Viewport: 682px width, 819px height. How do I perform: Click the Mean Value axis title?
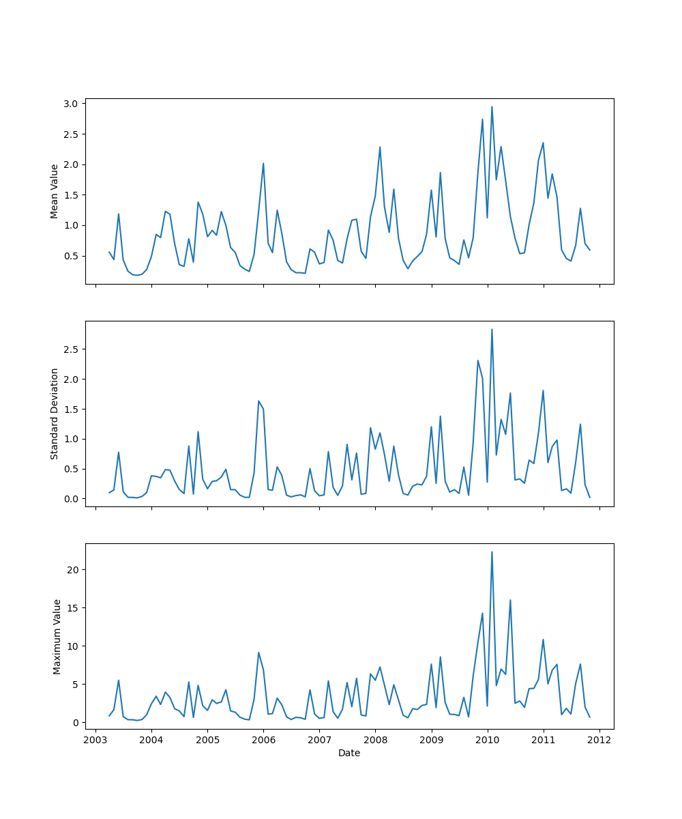[55, 191]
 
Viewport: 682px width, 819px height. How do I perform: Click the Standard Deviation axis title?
[55, 414]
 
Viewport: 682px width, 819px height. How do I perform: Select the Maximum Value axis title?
[57, 637]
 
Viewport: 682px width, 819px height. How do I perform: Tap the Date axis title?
[349, 753]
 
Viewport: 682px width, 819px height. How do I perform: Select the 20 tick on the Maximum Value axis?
[74, 570]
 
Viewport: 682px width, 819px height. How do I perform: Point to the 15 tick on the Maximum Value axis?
[74, 608]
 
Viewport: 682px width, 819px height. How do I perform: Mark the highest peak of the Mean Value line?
[492, 106]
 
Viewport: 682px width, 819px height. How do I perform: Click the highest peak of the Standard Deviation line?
[492, 330]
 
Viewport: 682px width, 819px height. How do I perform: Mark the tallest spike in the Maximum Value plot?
[492, 552]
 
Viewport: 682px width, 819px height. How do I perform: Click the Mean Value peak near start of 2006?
[263, 163]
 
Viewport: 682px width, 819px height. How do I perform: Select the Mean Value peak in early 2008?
[380, 147]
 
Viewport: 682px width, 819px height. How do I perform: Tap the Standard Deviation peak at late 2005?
[258, 401]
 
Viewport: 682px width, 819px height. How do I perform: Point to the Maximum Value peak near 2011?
[543, 640]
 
